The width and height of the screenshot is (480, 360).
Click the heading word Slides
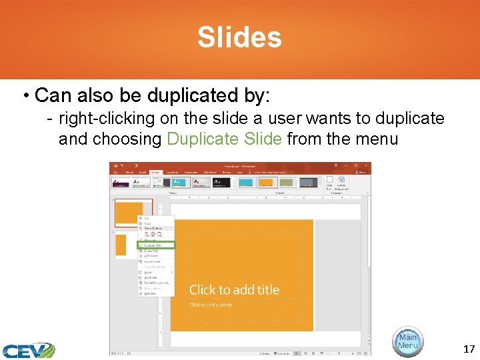point(239,37)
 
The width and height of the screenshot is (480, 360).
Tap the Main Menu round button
point(407,341)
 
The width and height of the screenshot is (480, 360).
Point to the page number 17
point(469,349)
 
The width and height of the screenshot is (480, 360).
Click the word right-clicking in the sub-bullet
point(101,119)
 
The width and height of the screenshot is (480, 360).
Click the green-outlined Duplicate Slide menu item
point(156,245)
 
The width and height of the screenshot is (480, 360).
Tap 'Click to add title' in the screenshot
point(234,289)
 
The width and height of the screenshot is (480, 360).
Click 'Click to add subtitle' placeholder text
point(211,305)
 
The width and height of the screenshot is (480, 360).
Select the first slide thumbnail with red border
point(133,213)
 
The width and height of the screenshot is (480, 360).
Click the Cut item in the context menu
point(147,218)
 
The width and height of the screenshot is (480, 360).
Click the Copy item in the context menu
point(147,223)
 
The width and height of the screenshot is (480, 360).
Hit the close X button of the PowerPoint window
point(366,165)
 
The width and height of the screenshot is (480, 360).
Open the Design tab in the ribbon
point(155,171)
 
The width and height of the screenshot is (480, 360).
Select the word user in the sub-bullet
point(283,119)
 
